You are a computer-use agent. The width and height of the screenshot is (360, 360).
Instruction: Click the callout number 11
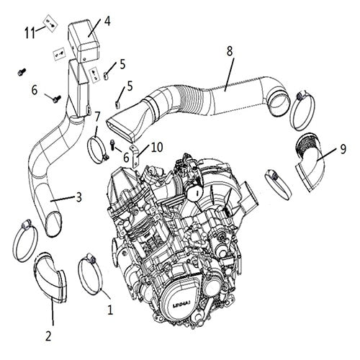30,32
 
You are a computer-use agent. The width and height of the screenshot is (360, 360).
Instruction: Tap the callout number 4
107,20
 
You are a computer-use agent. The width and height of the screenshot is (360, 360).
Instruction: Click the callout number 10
157,147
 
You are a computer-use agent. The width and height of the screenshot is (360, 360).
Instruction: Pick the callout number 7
98,117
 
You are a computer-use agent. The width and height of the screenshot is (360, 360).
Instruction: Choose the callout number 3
79,195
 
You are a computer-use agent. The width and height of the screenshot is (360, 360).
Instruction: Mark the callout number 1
110,311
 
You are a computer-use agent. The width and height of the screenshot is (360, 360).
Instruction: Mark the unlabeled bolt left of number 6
22,72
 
